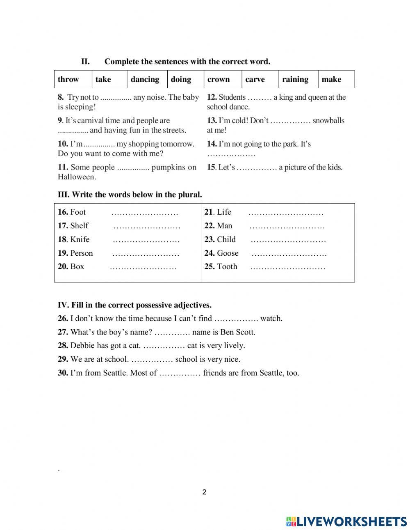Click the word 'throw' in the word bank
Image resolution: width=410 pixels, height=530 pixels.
(x=68, y=79)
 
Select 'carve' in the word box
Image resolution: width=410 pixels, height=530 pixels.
(x=255, y=79)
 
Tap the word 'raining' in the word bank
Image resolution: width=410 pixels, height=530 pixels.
(x=295, y=79)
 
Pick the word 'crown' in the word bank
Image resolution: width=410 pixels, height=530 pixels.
(x=219, y=79)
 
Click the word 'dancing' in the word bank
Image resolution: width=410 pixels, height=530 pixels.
(x=145, y=79)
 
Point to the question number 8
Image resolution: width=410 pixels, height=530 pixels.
(x=61, y=97)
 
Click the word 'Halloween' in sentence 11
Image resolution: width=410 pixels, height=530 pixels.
(x=77, y=177)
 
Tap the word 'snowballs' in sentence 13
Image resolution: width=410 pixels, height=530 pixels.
(x=328, y=121)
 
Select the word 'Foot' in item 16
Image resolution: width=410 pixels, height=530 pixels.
(x=78, y=212)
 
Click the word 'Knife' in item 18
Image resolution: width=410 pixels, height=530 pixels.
(x=80, y=239)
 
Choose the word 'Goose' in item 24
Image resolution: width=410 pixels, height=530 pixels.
(x=228, y=253)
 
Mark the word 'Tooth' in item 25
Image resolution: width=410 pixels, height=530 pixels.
(x=227, y=266)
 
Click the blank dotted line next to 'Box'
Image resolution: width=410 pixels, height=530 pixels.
(x=143, y=268)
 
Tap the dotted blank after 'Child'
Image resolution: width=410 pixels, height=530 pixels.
(x=288, y=241)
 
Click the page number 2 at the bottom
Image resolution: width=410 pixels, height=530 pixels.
(x=205, y=492)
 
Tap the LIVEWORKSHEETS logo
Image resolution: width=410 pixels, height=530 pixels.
(x=346, y=521)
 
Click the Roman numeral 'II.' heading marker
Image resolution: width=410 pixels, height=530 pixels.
(x=85, y=62)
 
